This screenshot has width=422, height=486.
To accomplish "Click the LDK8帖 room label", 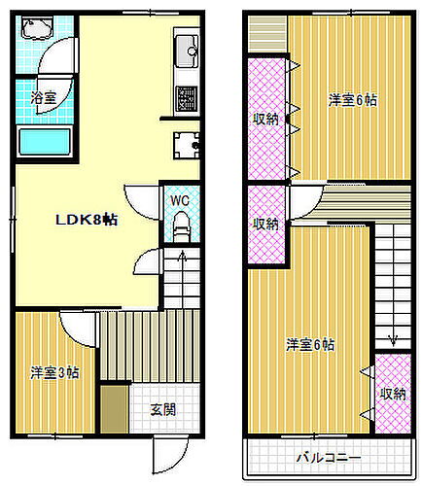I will pos(86,221).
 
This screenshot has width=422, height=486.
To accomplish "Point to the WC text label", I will pos(179,200).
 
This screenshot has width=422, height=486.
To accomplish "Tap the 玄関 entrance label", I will pos(162,409).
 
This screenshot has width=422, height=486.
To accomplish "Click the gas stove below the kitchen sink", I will pos(185,97).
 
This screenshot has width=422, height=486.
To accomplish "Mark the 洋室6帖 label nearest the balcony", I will pos(311,345).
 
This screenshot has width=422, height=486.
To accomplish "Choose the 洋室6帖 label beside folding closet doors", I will pos(352,99).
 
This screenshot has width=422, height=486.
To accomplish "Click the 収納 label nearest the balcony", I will pos(393,394).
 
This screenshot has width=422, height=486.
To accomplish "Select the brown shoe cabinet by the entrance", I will pos(115,407).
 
